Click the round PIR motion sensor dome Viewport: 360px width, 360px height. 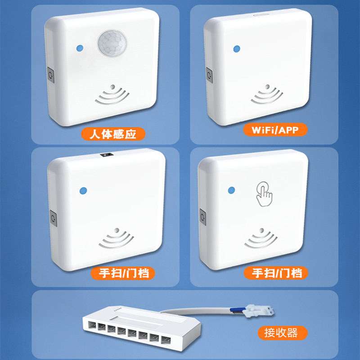(110, 44)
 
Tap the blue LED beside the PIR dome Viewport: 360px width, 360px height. (80, 48)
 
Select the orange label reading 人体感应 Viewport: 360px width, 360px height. (113, 133)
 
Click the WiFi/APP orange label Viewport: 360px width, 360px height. (275, 130)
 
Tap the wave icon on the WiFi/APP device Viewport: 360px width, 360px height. (267, 94)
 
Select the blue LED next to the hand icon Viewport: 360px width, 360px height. (232, 190)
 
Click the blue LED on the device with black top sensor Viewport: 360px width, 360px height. (81, 191)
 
